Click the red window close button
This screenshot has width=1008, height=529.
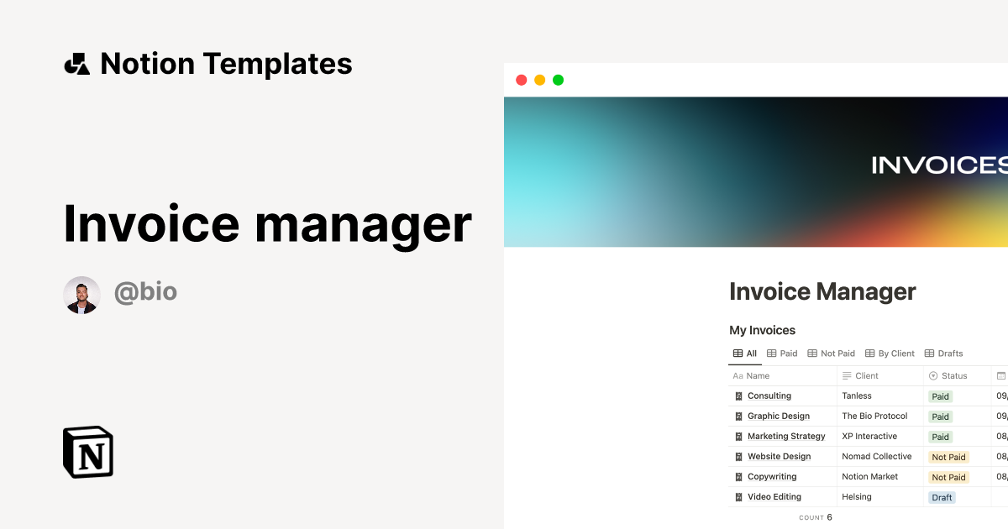[521, 80]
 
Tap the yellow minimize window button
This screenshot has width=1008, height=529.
[539, 80]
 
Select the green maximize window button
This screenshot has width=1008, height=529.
[558, 80]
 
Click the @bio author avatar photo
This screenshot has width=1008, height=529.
[82, 295]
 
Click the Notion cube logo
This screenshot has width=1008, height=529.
[88, 453]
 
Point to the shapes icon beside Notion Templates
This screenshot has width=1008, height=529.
[76, 64]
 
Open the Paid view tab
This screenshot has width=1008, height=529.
[782, 354]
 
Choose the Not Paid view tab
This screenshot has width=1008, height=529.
[831, 354]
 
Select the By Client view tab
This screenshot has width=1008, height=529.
[890, 354]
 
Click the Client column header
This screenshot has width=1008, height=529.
[866, 376]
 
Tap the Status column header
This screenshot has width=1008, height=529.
[953, 376]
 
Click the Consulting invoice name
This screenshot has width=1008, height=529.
[769, 396]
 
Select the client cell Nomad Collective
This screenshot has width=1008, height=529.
[876, 457]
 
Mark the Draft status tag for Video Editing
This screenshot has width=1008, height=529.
[942, 497]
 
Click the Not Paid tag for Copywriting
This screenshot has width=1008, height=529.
[948, 477]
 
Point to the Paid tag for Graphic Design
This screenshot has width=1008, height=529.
[940, 416]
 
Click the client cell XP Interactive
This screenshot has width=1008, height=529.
[869, 437]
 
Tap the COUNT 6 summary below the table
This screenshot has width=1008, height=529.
[816, 517]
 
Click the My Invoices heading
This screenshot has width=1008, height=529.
[762, 330]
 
